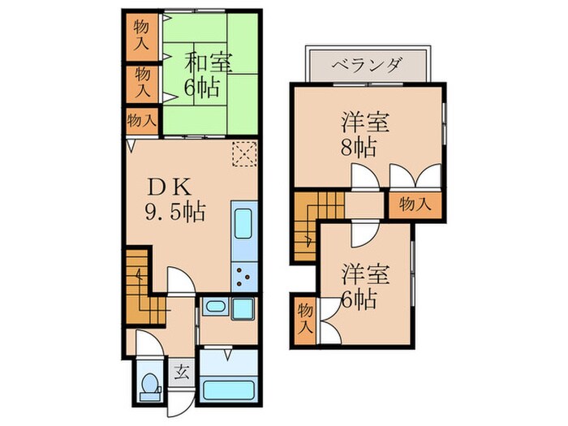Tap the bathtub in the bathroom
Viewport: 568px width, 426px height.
pyautogui.click(x=228, y=388)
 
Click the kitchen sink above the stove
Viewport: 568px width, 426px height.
pyautogui.click(x=244, y=226)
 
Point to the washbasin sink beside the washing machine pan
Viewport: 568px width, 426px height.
pyautogui.click(x=214, y=307)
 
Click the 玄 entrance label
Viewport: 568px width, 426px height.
pyautogui.click(x=182, y=373)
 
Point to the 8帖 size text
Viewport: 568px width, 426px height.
pyautogui.click(x=358, y=148)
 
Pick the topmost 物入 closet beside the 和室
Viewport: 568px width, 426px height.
pyautogui.click(x=143, y=32)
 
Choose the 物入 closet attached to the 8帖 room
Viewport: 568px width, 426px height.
pyautogui.click(x=414, y=204)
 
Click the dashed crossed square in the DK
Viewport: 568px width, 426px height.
pyautogui.click(x=243, y=152)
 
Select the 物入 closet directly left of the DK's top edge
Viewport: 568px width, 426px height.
pyautogui.click(x=141, y=120)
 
